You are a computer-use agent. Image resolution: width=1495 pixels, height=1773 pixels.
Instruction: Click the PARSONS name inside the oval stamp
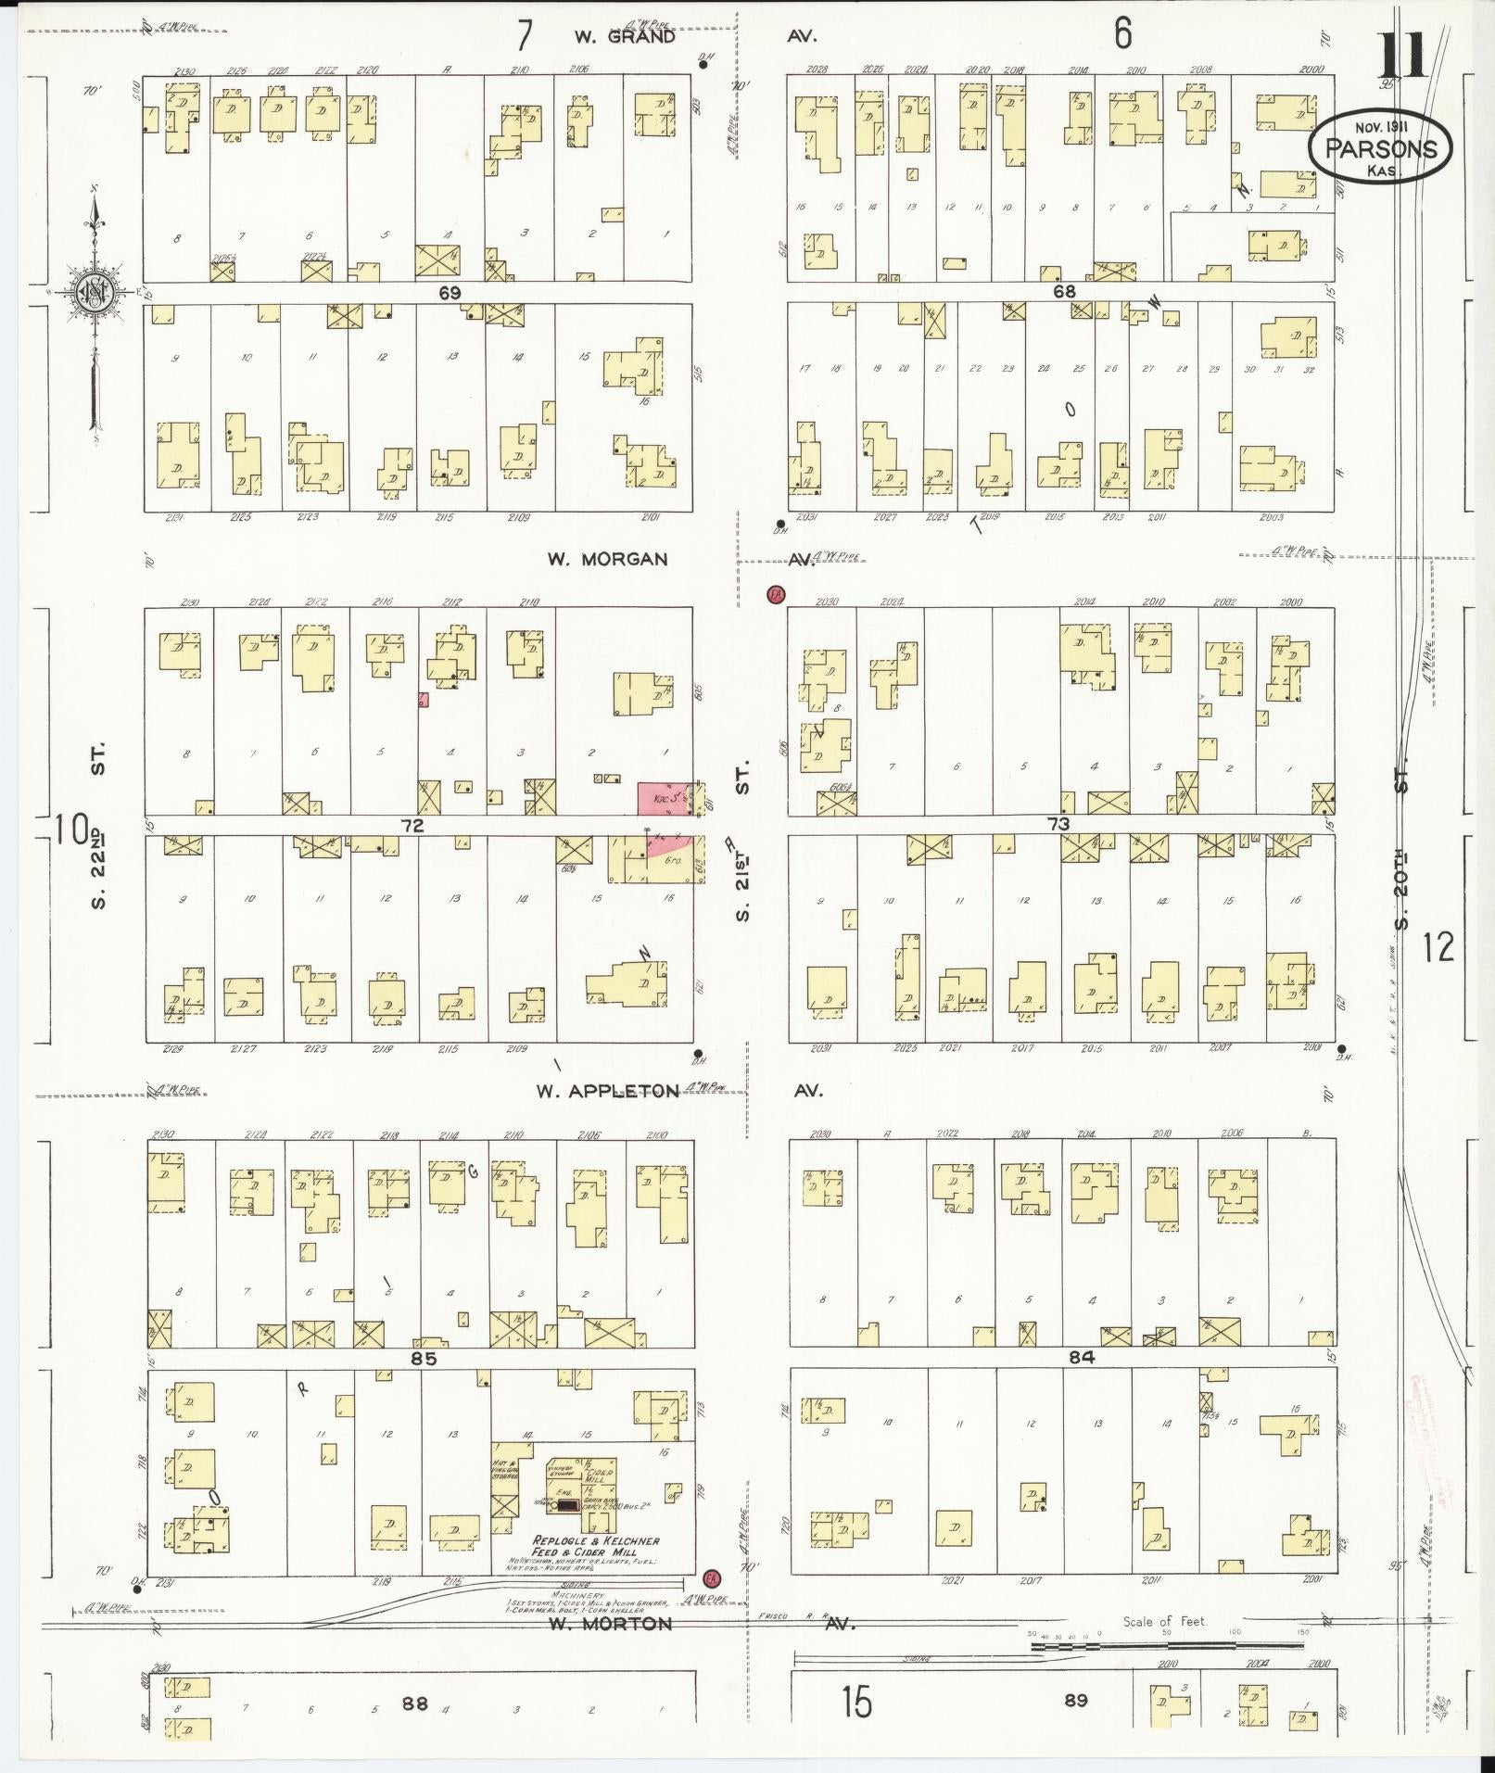[1381, 149]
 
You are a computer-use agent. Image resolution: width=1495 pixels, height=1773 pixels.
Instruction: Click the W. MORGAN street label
[607, 559]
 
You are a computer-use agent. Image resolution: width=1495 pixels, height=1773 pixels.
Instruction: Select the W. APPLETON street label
[608, 1091]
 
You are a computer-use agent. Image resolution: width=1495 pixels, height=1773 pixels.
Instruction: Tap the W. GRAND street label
[624, 38]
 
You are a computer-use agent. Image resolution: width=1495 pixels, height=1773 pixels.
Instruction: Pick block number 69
[450, 292]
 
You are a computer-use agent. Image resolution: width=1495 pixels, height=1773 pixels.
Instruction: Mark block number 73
[1058, 824]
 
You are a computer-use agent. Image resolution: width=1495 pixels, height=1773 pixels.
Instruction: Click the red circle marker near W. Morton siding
[712, 1577]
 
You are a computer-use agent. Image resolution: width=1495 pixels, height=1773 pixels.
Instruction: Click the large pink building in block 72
[664, 798]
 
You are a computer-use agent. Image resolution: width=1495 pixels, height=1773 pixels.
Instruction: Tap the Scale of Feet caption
[1165, 1621]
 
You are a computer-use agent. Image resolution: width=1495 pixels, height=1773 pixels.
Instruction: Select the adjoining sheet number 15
[858, 1703]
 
